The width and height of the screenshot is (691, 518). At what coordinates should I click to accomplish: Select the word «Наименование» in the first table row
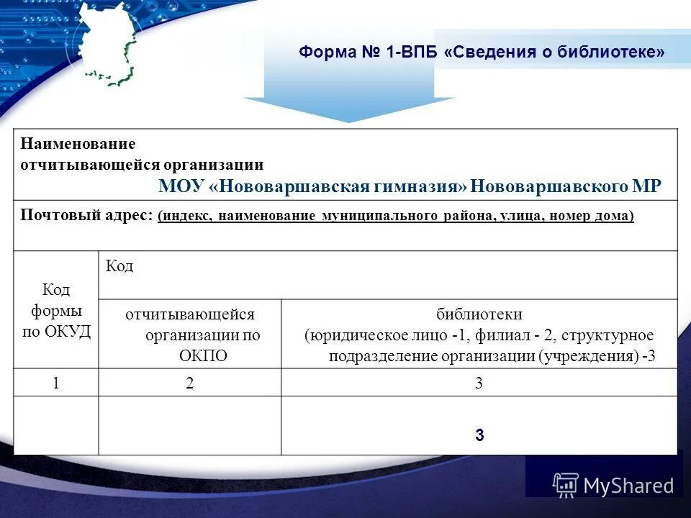pos(77,145)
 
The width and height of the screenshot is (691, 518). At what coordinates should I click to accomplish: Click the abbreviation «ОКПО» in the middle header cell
pos(203,355)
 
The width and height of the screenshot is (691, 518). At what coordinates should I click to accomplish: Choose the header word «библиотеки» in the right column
pos(479,314)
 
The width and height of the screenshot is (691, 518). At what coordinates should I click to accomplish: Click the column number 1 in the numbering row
pos(55,383)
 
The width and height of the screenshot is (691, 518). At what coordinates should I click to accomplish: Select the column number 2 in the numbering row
pos(189,383)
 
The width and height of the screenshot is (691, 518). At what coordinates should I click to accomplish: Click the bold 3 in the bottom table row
pos(479,435)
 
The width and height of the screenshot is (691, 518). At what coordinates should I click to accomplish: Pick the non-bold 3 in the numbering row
pos(479,383)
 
